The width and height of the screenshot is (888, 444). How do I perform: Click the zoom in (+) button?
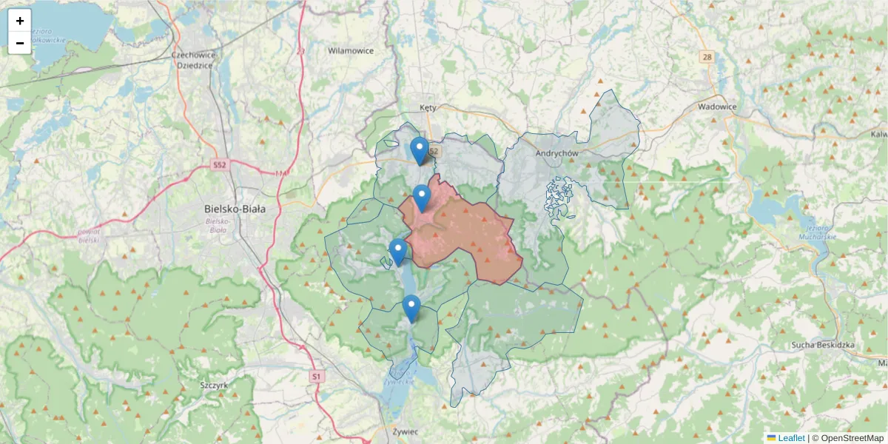click(20, 21)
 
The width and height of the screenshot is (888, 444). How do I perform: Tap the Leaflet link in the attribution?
click(790, 438)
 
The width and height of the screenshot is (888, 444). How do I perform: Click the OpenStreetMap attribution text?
click(852, 438)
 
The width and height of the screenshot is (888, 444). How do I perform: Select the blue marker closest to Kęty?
click(420, 150)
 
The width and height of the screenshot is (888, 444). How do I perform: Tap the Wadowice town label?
click(717, 107)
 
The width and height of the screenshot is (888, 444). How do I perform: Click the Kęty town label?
click(428, 107)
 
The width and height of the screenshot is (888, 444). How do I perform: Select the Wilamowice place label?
click(351, 51)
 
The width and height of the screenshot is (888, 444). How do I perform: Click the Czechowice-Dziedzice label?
click(192, 60)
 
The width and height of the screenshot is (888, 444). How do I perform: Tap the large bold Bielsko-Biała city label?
click(235, 209)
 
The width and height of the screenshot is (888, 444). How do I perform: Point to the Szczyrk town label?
click(214, 386)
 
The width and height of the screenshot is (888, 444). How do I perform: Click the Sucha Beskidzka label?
click(822, 346)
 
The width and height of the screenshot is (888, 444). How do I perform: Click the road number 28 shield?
click(707, 57)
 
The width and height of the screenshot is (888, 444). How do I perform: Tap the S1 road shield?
click(317, 377)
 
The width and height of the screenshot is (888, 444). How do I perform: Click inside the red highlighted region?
click(466, 237)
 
